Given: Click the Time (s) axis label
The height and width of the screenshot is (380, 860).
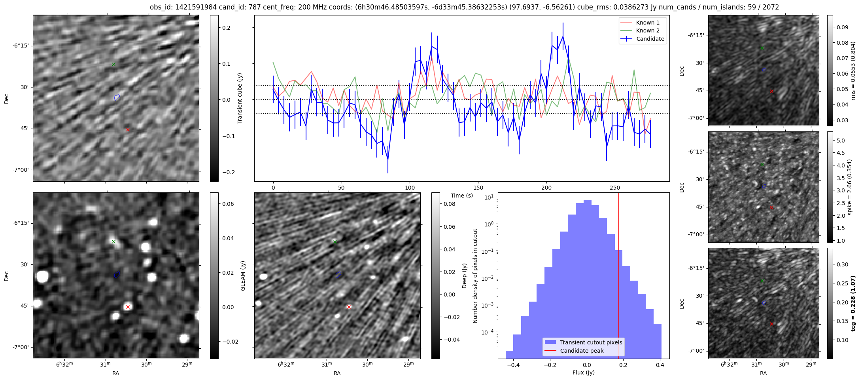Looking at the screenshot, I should (x=462, y=196).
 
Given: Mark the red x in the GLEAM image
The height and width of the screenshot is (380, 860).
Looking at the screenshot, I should (x=128, y=307).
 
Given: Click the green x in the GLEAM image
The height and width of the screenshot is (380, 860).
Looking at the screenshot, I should (x=113, y=241).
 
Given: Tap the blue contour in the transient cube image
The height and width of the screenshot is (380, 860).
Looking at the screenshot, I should (x=117, y=97).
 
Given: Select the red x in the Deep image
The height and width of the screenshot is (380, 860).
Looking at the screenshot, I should (x=349, y=307).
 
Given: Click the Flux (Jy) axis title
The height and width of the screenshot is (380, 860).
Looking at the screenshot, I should (x=583, y=372).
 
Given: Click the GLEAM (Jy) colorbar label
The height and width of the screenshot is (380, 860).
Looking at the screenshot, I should (x=243, y=275).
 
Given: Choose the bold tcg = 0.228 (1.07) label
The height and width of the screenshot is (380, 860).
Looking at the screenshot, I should (x=853, y=303).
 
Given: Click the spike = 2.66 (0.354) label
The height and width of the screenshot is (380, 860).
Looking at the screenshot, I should (x=849, y=187).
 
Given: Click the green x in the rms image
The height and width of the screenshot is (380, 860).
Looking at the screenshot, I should (x=762, y=48).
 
